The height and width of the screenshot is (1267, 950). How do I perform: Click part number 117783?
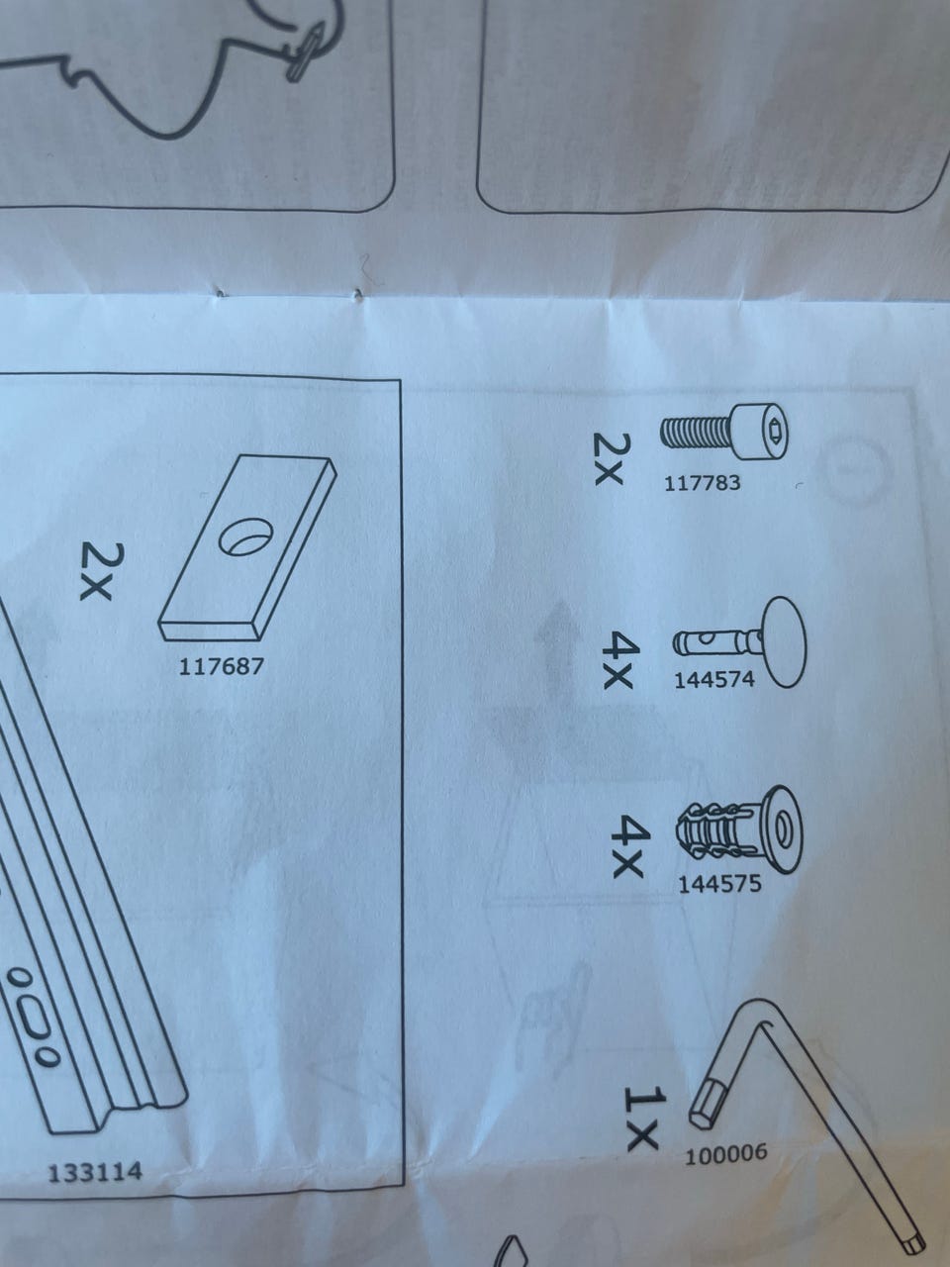click(x=702, y=482)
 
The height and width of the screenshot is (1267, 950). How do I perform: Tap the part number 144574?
click(x=714, y=679)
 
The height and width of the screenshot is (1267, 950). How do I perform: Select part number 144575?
click(x=719, y=883)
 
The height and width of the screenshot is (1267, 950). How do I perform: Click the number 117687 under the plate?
click(x=222, y=667)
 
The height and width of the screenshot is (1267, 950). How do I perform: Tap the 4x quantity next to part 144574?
click(x=617, y=660)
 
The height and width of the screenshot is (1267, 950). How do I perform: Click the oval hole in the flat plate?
click(x=246, y=537)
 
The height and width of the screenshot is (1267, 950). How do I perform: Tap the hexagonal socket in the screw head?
click(x=774, y=430)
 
